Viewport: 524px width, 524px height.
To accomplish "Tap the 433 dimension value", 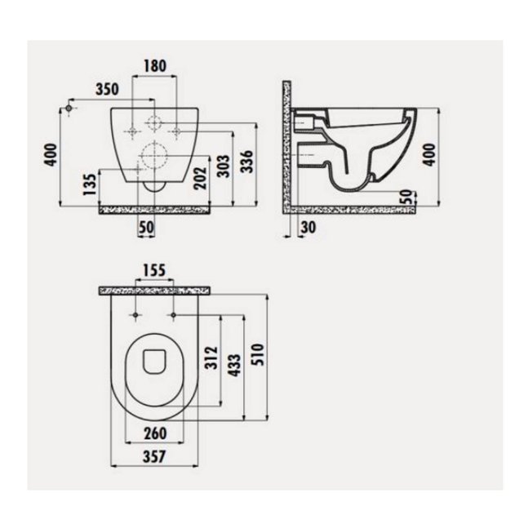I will click(x=234, y=364).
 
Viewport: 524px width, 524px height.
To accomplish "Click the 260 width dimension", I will click(x=153, y=433).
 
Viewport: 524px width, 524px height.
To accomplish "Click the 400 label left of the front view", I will click(x=51, y=153).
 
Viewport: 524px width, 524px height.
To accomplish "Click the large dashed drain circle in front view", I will click(x=151, y=155).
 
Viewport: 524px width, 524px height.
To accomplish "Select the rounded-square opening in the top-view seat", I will click(x=153, y=360).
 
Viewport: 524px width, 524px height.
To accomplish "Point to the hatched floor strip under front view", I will click(x=155, y=209).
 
